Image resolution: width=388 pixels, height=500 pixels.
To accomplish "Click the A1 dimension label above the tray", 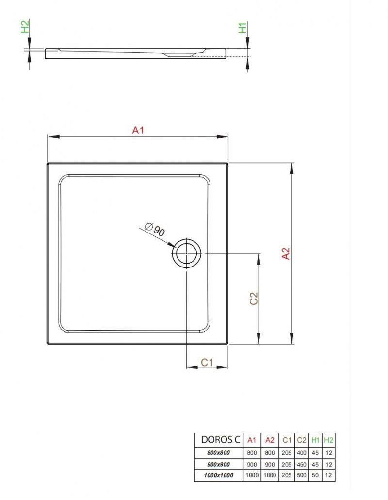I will click(x=139, y=130).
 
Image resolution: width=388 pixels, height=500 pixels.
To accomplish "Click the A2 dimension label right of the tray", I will click(x=286, y=253).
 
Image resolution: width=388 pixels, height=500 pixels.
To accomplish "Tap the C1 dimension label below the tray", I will click(x=208, y=362).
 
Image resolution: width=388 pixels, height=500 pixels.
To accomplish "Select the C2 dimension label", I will click(x=253, y=298).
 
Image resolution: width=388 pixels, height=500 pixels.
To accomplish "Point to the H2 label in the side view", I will click(x=25, y=26).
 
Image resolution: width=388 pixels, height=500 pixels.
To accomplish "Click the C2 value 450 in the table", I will click(x=301, y=464).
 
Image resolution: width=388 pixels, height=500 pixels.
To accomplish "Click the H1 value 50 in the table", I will click(x=315, y=476).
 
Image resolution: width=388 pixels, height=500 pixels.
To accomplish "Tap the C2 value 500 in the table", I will click(x=301, y=476).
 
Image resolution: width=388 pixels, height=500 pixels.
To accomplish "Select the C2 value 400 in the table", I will click(x=301, y=452).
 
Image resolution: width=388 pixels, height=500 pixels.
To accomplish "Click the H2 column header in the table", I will click(x=329, y=440).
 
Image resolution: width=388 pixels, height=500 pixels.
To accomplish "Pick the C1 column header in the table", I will click(x=287, y=440).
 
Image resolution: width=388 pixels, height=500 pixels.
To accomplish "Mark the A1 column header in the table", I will click(x=252, y=440).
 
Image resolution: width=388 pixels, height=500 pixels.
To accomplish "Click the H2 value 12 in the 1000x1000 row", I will click(x=329, y=476).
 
